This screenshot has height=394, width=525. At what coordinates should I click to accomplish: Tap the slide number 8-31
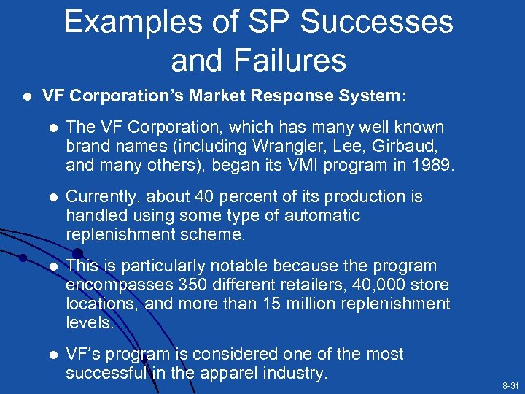[x=510, y=385]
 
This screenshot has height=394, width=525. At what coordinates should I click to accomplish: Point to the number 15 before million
[x=286, y=303]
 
